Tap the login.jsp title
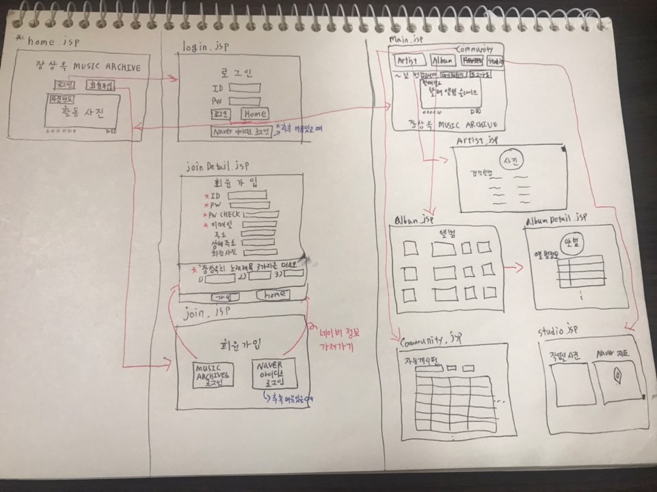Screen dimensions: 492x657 tap(204, 46)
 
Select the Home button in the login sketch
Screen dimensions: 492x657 tap(254, 113)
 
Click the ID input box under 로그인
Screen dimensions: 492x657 tap(245, 87)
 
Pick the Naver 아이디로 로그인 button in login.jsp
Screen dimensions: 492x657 tap(241, 131)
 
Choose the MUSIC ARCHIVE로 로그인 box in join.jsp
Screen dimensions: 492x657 tap(214, 375)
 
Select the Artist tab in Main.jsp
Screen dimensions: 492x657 tap(407, 61)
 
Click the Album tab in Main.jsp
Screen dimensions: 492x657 tap(442, 61)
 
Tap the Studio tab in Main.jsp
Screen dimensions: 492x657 tap(496, 61)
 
